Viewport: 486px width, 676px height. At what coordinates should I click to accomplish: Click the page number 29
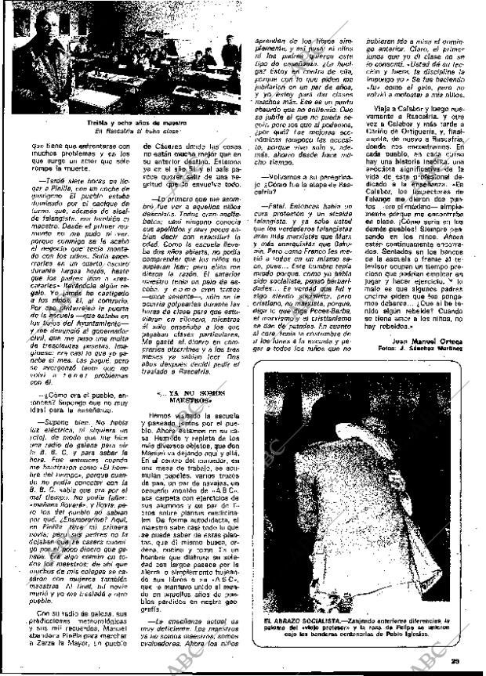click(463, 665)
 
